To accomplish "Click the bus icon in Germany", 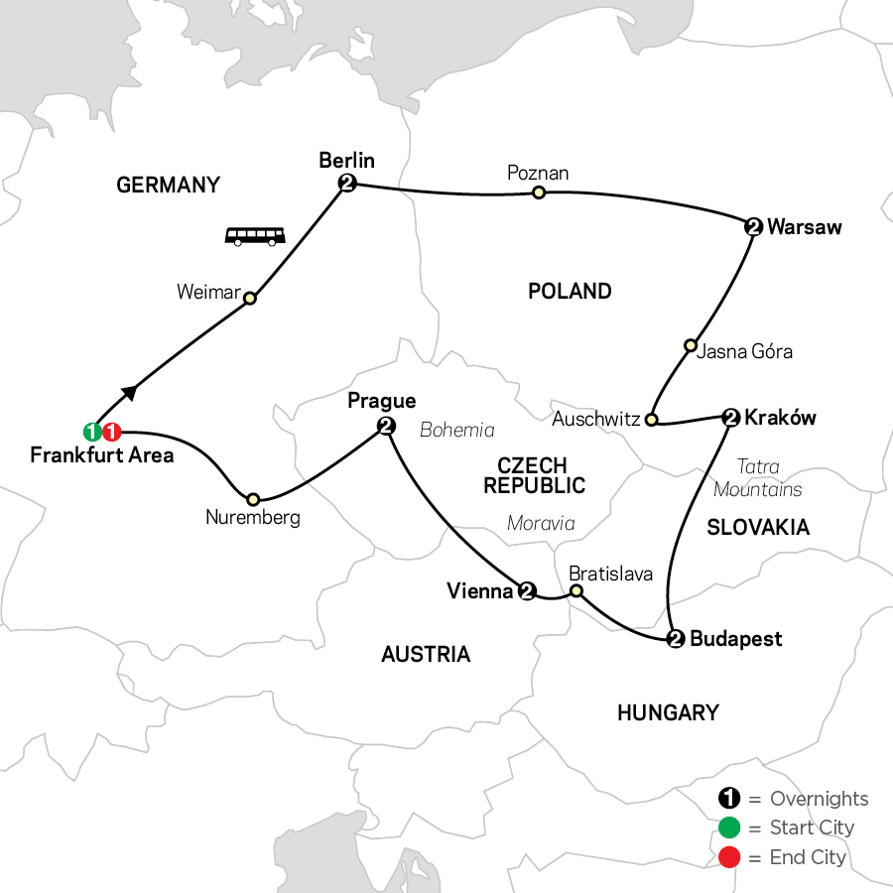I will [x=255, y=236].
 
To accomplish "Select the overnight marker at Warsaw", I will [x=753, y=227].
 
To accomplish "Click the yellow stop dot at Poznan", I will [x=539, y=192].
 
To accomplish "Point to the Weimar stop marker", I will [x=250, y=298].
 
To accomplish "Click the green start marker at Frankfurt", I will [x=91, y=432].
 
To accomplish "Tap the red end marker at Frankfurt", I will [x=111, y=432].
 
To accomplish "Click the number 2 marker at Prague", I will [x=386, y=427].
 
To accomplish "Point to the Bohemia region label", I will [x=457, y=430].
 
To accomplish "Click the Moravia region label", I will [x=541, y=523].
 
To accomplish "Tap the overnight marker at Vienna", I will [x=527, y=592].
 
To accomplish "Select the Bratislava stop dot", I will [x=574, y=592].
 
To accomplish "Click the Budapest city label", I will [x=735, y=639].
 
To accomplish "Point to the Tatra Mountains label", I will [x=758, y=477].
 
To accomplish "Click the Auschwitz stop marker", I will [x=651, y=420].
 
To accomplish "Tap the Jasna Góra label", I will [x=745, y=351].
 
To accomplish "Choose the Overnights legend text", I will [x=819, y=799].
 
